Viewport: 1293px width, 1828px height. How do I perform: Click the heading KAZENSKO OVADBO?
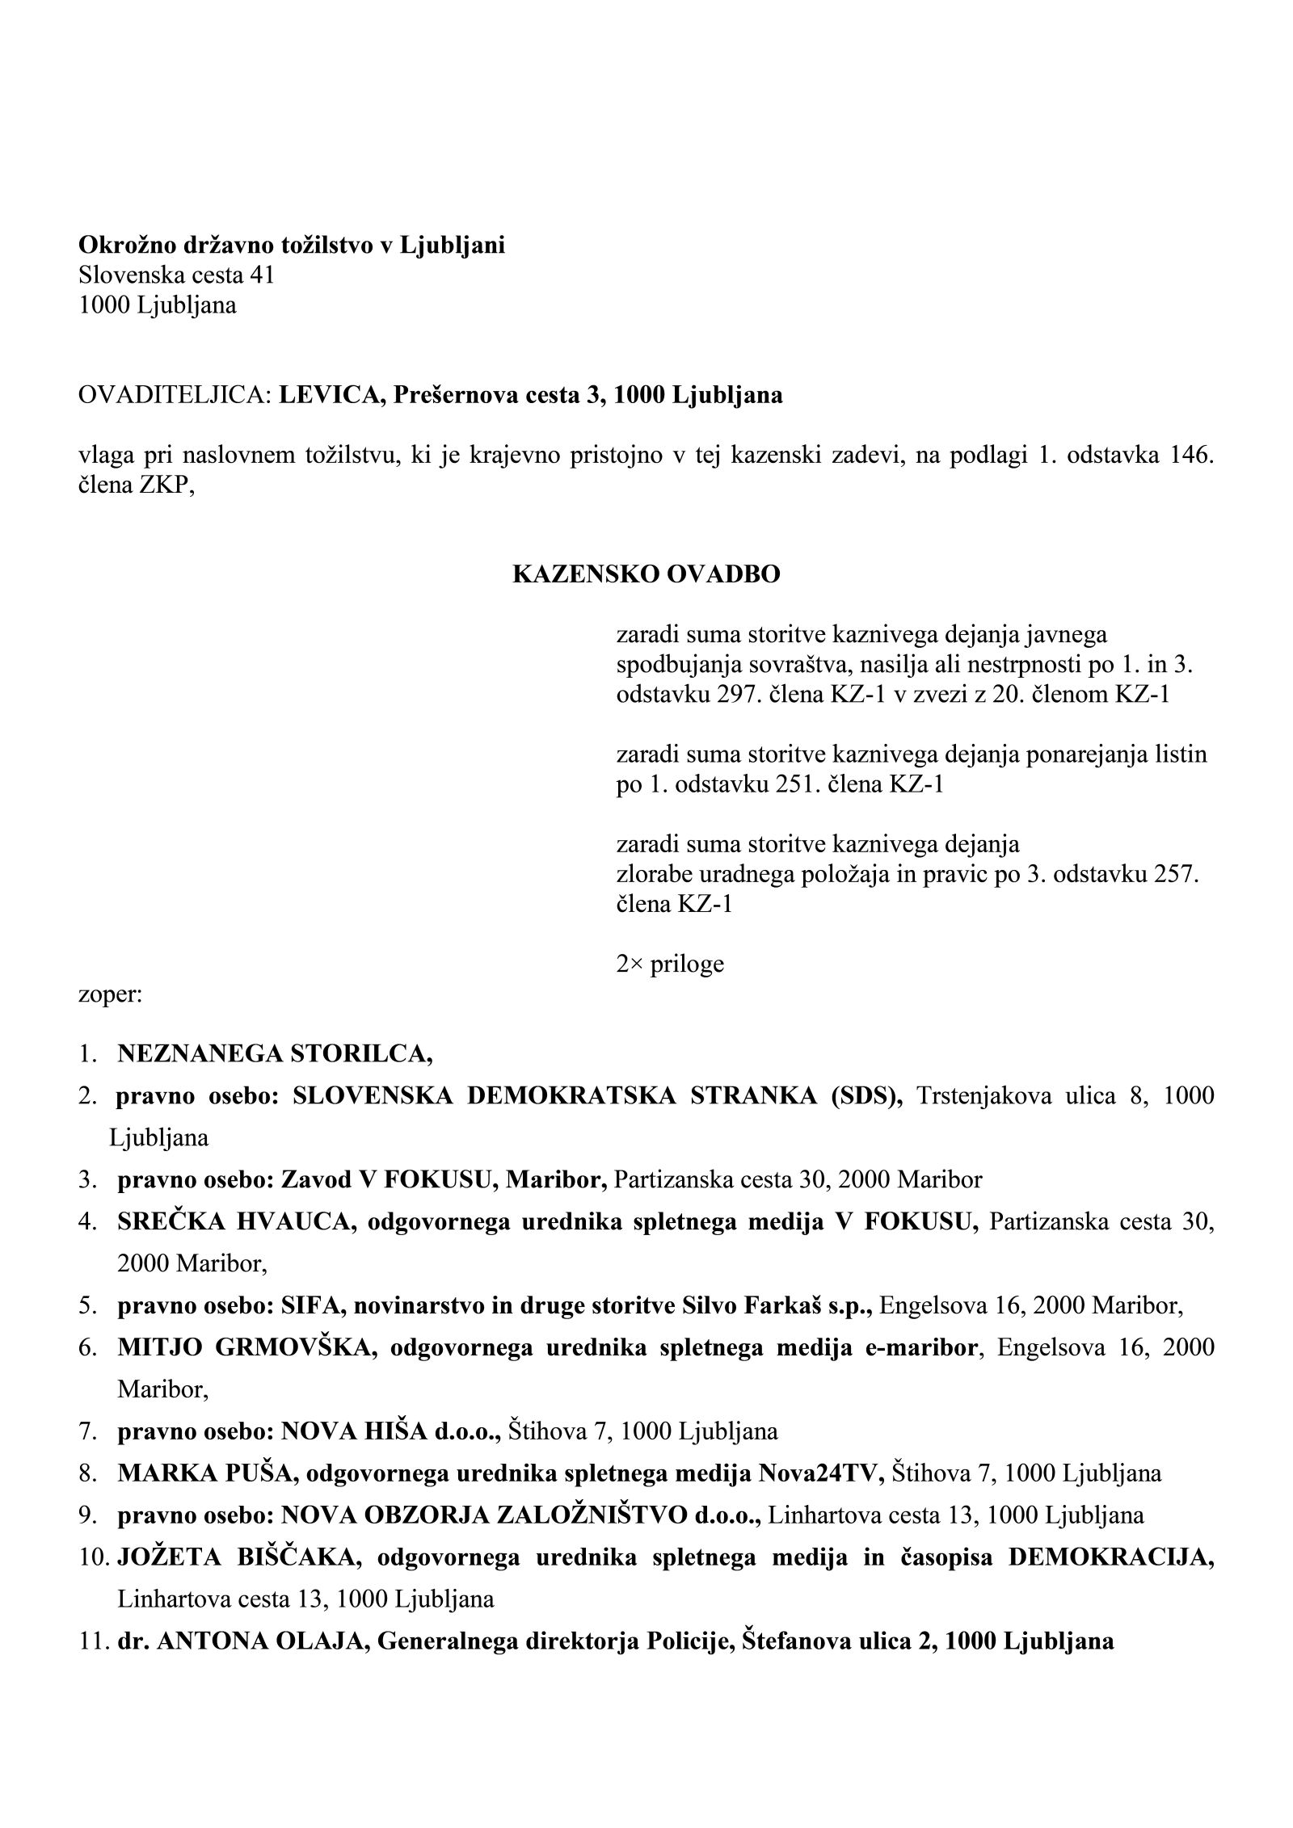pyautogui.click(x=646, y=574)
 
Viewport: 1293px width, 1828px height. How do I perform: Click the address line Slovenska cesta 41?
pyautogui.click(x=176, y=275)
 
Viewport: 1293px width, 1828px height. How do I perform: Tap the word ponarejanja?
pyautogui.click(x=1081, y=754)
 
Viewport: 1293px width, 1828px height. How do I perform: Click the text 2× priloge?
pyautogui.click(x=670, y=964)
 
